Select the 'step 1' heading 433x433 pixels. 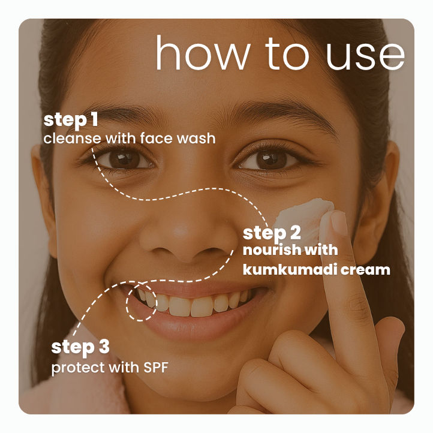(71, 120)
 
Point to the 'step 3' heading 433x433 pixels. (80, 347)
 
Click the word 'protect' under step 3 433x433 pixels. (73, 367)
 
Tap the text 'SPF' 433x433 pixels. (155, 367)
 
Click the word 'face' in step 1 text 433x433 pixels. (155, 138)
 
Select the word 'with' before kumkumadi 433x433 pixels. (324, 250)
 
